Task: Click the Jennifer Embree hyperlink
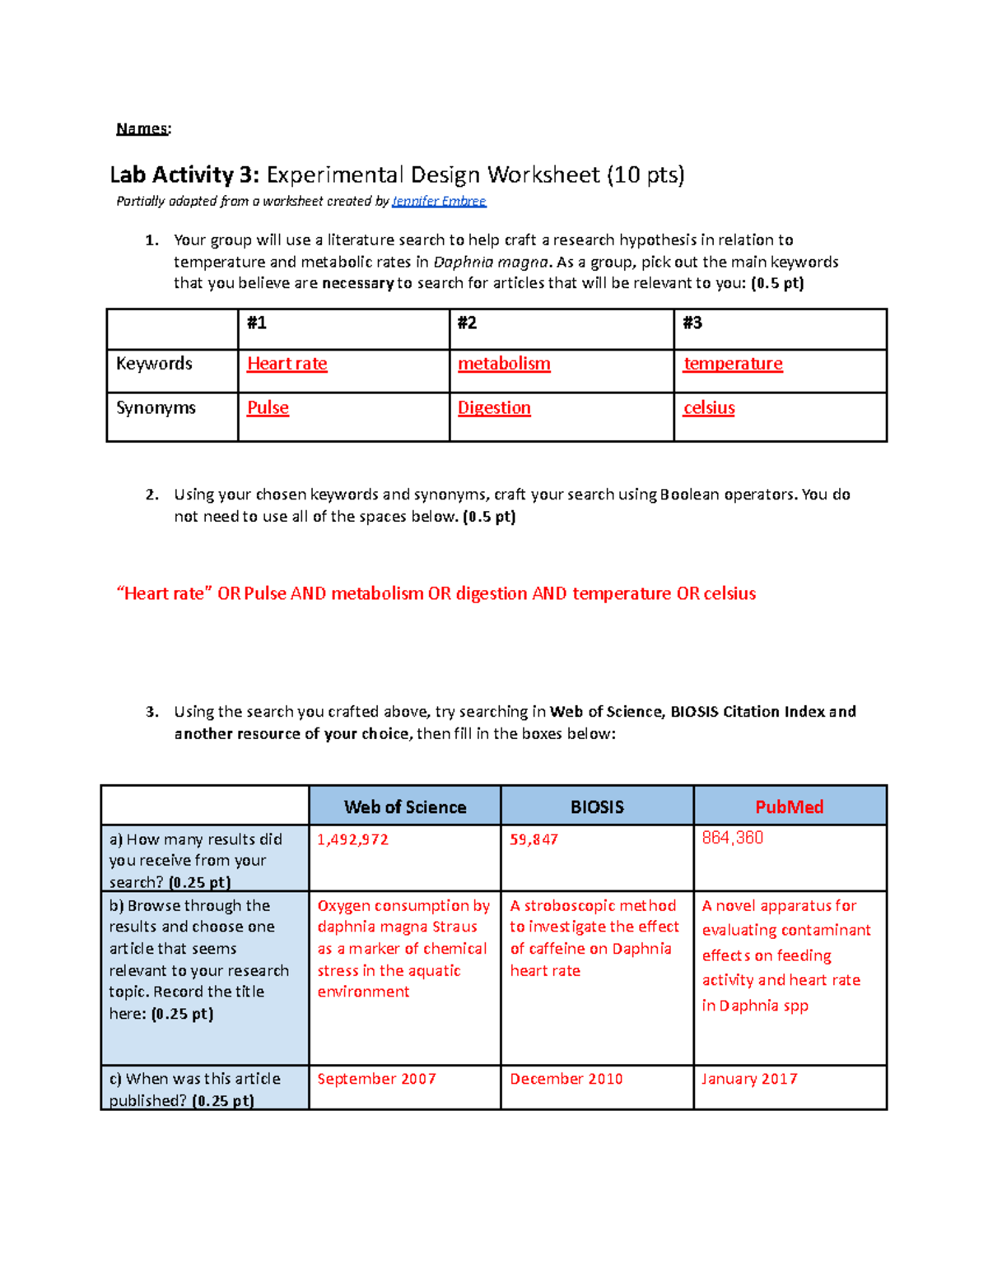(x=439, y=202)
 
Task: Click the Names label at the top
(x=142, y=128)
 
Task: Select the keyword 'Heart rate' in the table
(x=287, y=364)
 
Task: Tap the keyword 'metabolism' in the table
(x=504, y=364)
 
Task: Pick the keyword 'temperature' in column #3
(x=733, y=364)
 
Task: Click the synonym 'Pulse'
(x=268, y=408)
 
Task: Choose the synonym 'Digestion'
(x=494, y=408)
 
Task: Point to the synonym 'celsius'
(x=709, y=408)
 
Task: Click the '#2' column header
(x=467, y=323)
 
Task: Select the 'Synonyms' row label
(x=156, y=408)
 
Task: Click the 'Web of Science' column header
(x=404, y=807)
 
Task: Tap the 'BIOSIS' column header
(x=597, y=807)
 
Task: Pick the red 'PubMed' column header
(x=789, y=807)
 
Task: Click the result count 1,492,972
(x=352, y=839)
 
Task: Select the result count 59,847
(x=534, y=839)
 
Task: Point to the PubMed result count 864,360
(x=732, y=838)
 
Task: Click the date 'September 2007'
(x=376, y=1079)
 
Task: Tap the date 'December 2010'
(x=566, y=1079)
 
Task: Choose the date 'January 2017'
(x=749, y=1079)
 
